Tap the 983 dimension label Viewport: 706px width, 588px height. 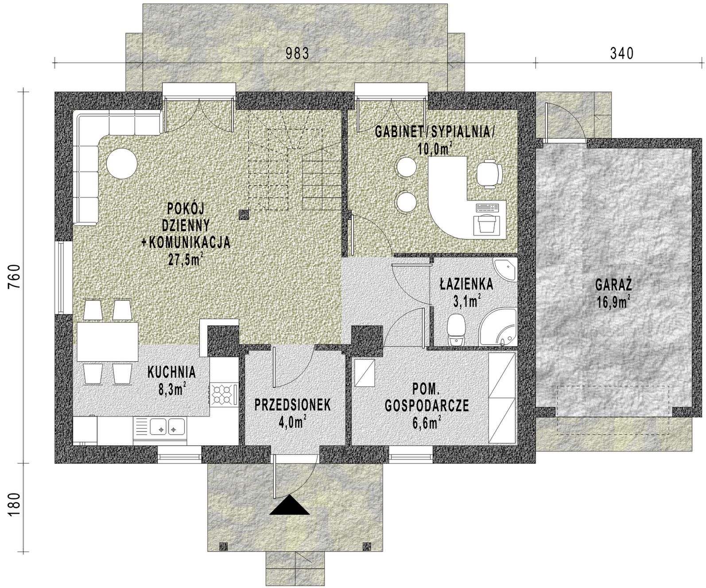click(298, 54)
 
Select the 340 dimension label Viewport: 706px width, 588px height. click(621, 54)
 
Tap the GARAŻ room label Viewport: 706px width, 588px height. click(613, 286)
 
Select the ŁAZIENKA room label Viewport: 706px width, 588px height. click(466, 284)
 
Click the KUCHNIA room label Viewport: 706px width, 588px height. click(172, 372)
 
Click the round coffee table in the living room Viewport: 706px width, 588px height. click(122, 164)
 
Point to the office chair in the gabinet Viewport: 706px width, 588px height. click(489, 174)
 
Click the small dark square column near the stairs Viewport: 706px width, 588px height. click(244, 215)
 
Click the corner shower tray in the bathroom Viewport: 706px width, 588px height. click(499, 327)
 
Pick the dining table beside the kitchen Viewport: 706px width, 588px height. click(108, 342)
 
